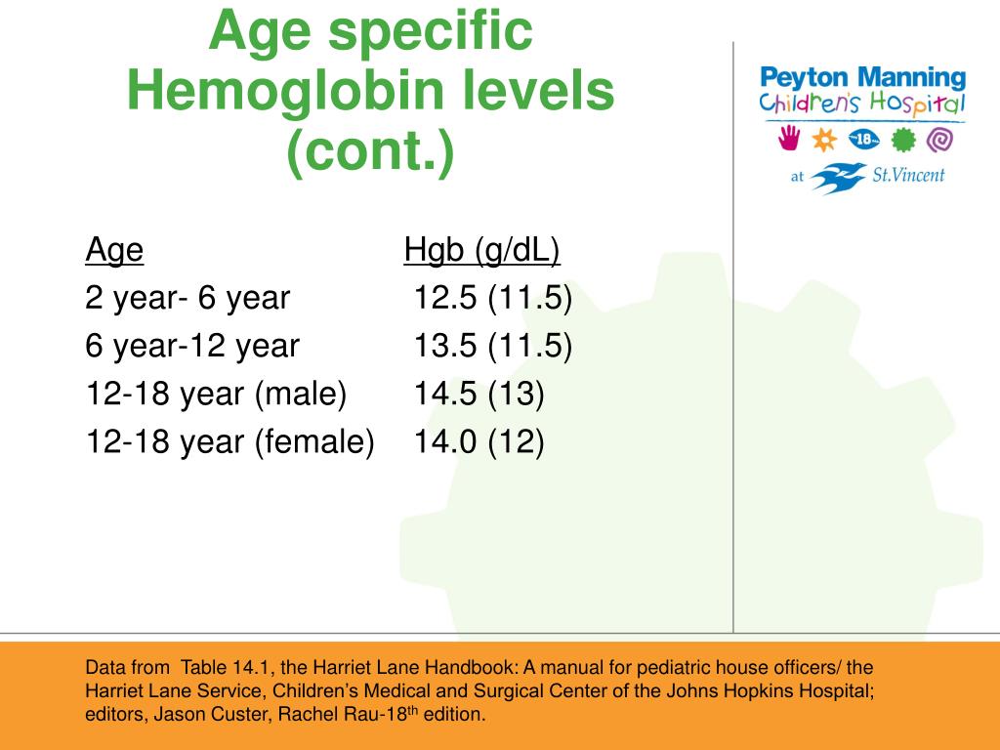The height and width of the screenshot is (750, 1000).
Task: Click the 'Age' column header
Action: pos(114,252)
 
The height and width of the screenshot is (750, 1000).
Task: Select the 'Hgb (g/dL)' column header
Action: pos(481,252)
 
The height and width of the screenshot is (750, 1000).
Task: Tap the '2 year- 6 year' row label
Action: pos(187,298)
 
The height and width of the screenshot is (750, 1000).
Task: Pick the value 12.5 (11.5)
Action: pos(492,298)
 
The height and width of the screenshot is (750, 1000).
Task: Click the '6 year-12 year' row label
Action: pos(192,346)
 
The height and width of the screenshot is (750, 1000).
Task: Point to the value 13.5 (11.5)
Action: pos(492,346)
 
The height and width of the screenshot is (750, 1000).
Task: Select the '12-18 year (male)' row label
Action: pos(216,394)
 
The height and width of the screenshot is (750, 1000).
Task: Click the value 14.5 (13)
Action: pos(479,394)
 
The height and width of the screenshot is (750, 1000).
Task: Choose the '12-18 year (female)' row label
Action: pos(229,441)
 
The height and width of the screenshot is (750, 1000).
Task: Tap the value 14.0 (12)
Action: pos(479,441)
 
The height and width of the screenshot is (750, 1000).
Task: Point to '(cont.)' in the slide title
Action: pos(370,152)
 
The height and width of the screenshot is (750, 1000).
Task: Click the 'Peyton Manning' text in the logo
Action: pos(862,77)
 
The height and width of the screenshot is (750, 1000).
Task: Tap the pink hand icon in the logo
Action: pos(788,139)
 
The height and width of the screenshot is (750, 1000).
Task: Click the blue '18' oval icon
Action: pos(864,140)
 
